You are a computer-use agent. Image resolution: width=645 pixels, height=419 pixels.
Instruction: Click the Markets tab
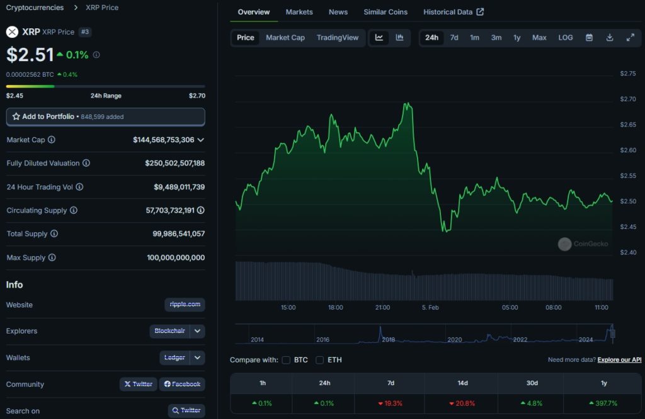click(299, 12)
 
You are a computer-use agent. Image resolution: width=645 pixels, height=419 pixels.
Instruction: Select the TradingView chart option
click(338, 38)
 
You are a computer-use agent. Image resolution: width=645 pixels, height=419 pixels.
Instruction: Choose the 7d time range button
click(454, 38)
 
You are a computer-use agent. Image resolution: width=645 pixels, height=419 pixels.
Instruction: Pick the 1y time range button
click(517, 38)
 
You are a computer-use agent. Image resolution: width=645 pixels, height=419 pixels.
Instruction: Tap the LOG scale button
click(566, 38)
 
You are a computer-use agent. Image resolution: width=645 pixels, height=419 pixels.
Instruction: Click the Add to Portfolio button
click(105, 117)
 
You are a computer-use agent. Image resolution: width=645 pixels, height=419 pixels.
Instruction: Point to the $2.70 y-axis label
click(627, 99)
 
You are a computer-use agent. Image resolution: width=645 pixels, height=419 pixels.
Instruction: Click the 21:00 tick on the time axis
click(382, 308)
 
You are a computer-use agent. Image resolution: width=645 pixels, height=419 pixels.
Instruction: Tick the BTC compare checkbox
click(287, 360)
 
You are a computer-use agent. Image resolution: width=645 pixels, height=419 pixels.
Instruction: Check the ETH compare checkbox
click(319, 360)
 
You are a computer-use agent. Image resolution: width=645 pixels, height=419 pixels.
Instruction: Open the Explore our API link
click(619, 360)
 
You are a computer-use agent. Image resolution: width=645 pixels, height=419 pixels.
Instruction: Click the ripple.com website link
click(185, 304)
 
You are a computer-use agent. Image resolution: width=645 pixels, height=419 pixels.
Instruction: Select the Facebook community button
click(182, 384)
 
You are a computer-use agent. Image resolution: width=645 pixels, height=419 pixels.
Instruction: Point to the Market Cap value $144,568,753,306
click(164, 140)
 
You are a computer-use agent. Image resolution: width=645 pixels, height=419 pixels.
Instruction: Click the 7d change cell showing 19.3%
click(391, 403)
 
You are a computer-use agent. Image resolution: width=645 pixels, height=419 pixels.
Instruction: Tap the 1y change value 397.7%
click(603, 403)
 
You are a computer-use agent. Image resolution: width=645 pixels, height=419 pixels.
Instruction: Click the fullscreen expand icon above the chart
click(630, 38)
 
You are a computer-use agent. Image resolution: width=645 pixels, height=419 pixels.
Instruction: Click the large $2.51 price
click(30, 55)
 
